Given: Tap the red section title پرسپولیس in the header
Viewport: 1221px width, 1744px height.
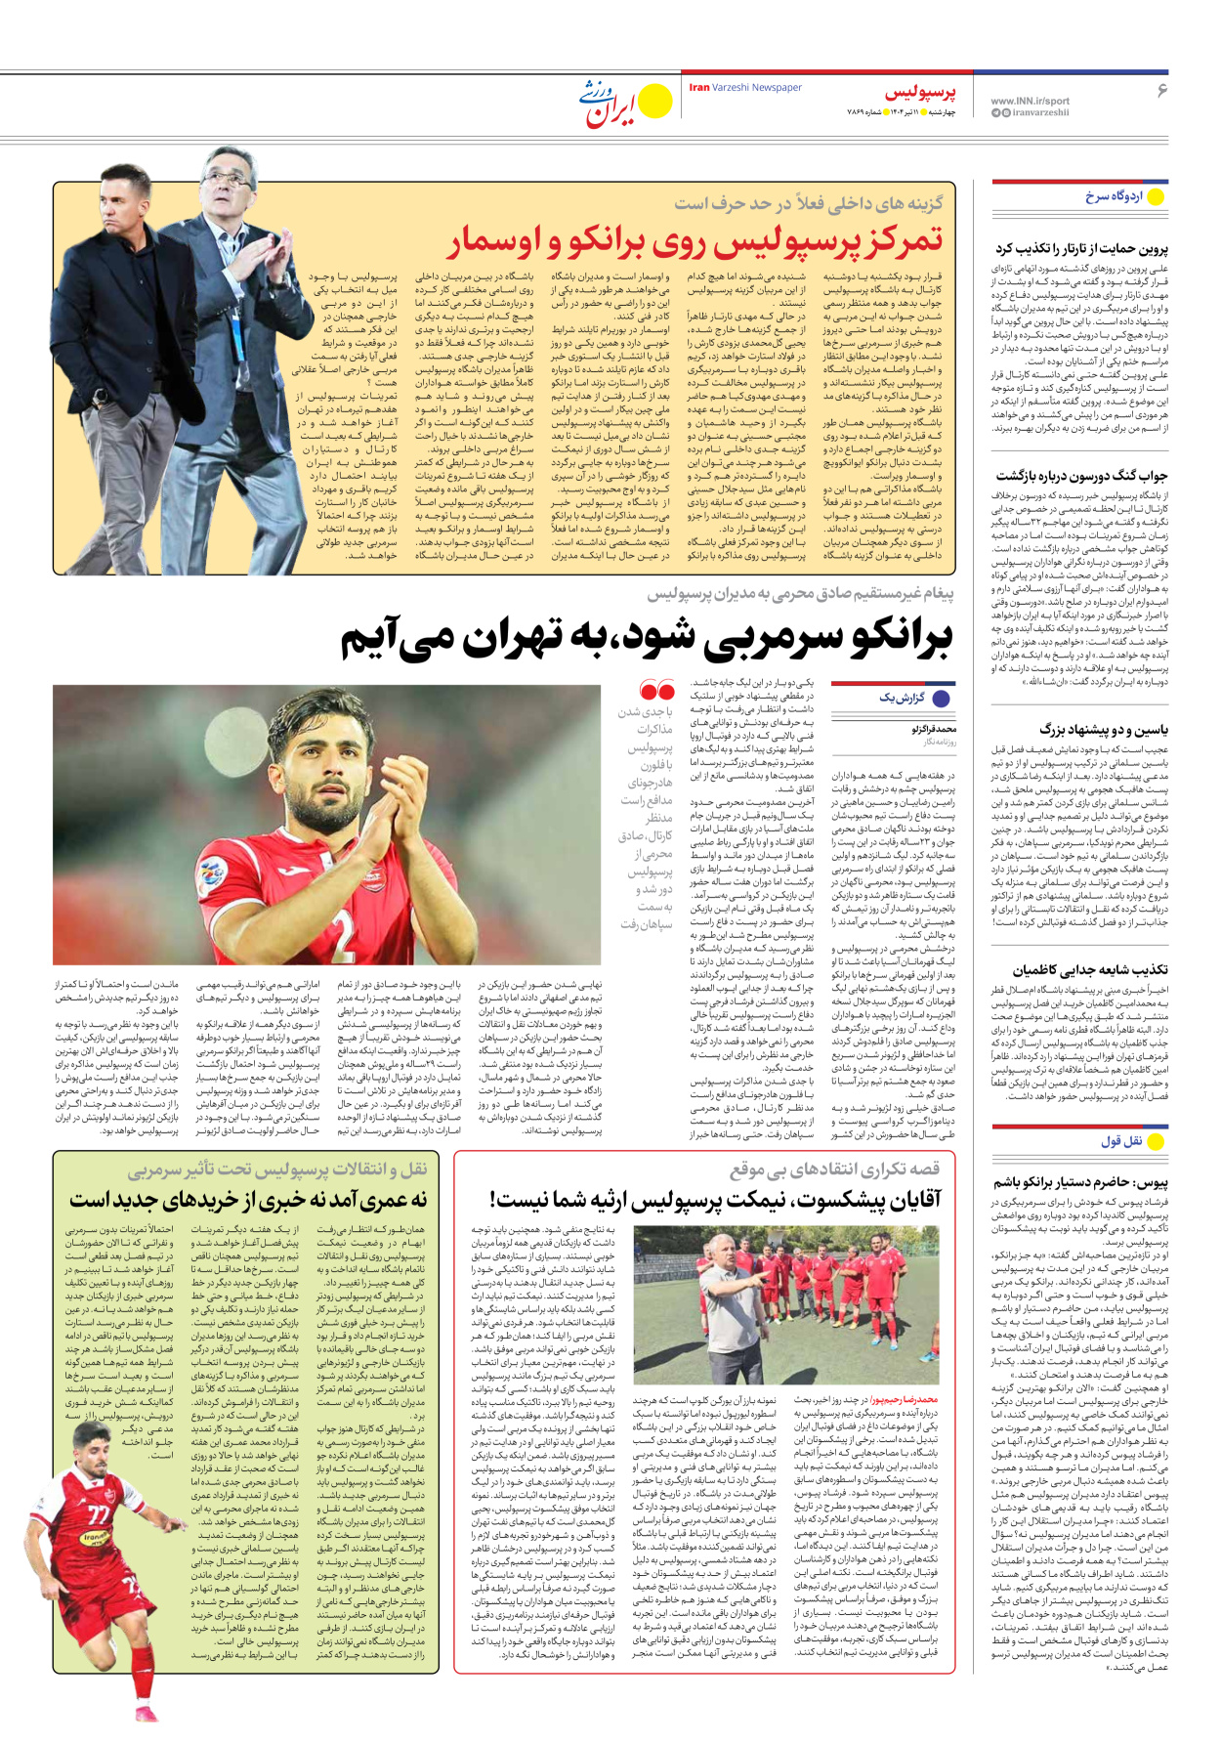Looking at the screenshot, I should point(920,93).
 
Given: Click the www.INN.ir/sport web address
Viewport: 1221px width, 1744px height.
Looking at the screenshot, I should point(1030,101).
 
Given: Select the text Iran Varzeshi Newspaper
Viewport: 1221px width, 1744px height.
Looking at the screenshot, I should point(745,88).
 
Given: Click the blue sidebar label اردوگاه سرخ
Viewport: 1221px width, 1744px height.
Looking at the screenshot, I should point(1114,196).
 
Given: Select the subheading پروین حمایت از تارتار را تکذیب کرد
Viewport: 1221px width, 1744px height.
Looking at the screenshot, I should point(1081,248).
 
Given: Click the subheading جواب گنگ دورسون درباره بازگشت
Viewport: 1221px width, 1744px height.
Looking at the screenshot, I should point(1081,476).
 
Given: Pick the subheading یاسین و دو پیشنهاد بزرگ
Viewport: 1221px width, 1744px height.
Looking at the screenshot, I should point(1104,729).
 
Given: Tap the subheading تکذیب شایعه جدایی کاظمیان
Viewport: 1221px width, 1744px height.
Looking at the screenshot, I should point(1090,969).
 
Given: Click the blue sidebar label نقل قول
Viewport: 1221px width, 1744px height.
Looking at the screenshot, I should point(1121,1140).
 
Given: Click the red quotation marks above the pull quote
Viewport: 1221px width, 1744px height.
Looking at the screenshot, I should point(657,692).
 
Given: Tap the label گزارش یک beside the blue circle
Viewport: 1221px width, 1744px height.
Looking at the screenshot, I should point(902,698).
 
